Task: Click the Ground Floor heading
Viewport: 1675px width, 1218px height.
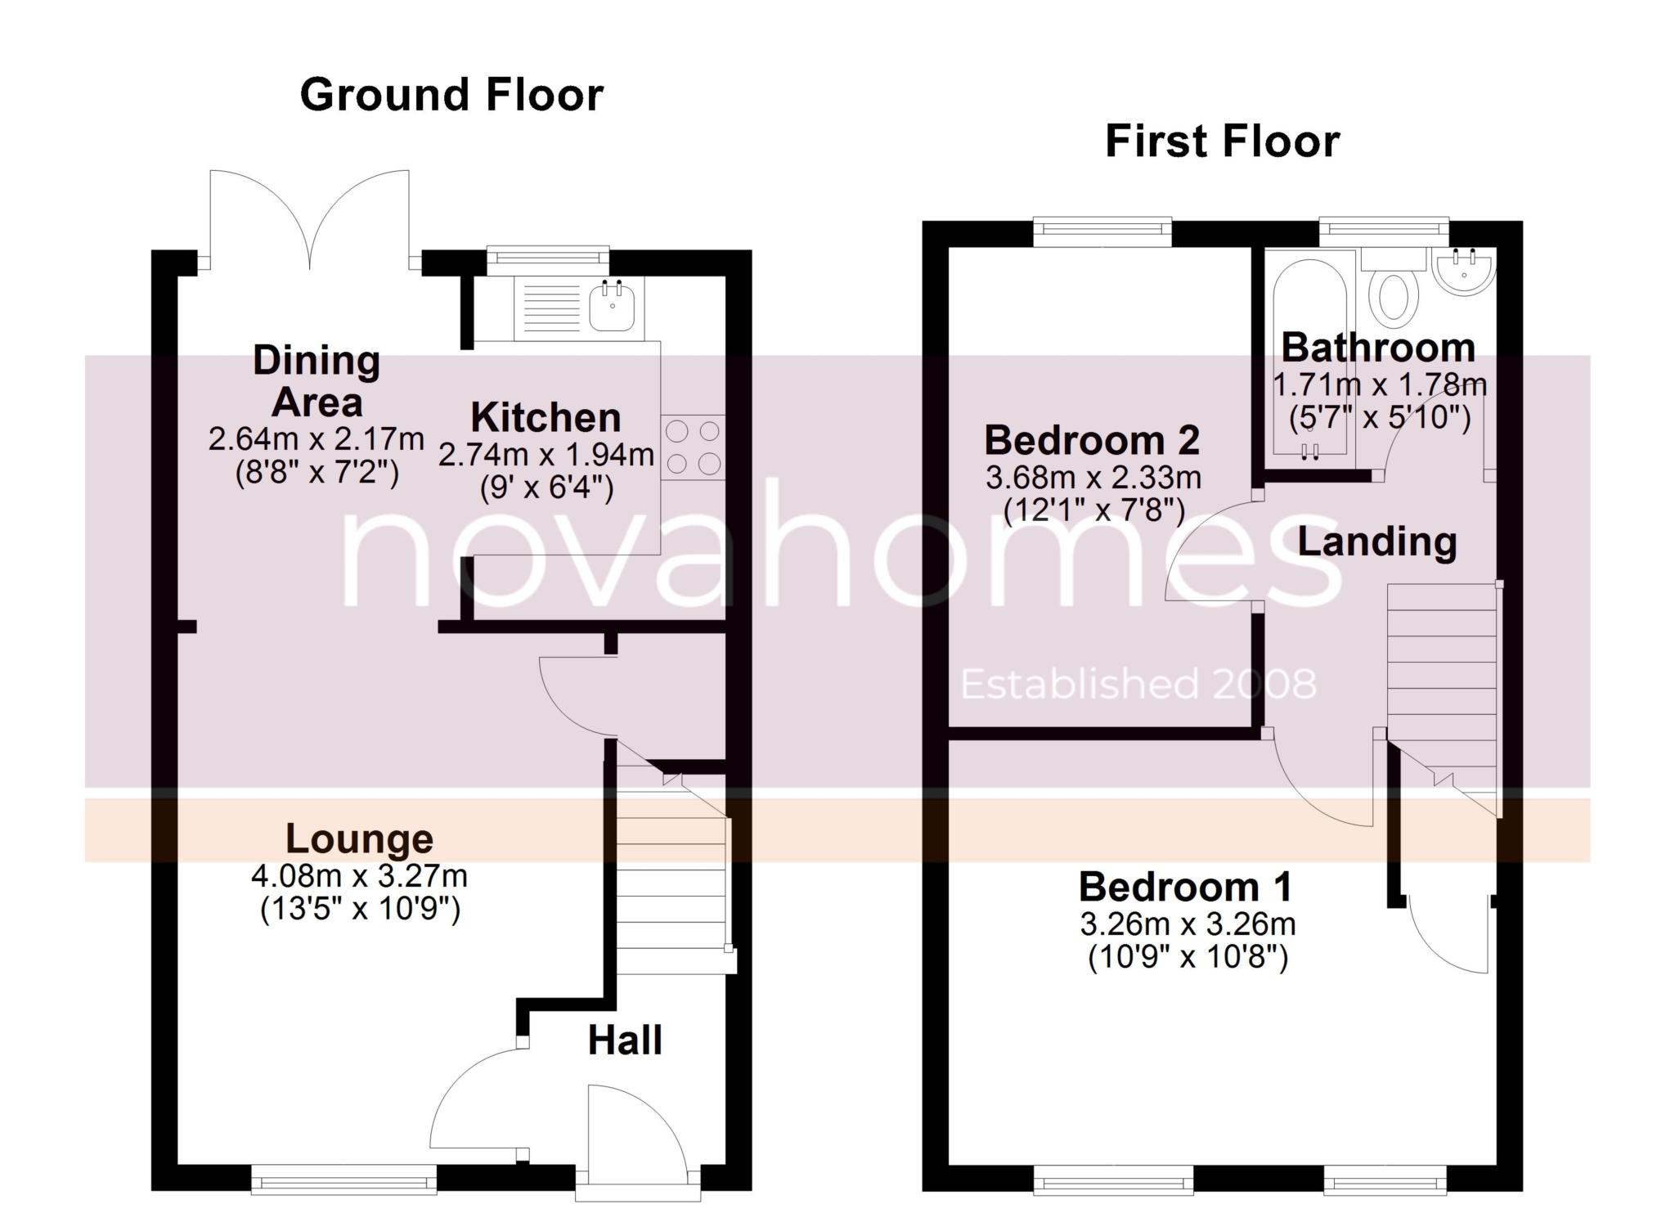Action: [x=451, y=95]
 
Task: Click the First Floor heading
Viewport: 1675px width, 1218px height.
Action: [x=1223, y=142]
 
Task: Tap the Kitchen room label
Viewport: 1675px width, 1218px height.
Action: [x=546, y=418]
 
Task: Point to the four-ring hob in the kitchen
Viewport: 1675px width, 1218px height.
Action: [x=693, y=447]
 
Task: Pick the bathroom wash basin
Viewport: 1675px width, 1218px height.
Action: [x=1465, y=272]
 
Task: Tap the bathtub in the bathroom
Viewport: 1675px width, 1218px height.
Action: [x=1310, y=360]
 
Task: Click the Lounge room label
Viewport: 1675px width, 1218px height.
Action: [x=359, y=838]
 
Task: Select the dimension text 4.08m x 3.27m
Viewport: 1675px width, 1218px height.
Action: [x=359, y=876]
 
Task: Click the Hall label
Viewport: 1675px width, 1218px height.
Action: [x=625, y=1040]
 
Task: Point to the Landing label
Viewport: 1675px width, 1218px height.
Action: [x=1377, y=542]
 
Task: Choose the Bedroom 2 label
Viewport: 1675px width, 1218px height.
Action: [x=1092, y=440]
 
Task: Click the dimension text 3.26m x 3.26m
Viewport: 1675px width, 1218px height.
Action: [x=1188, y=924]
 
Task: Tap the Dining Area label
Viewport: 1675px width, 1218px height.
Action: [x=317, y=381]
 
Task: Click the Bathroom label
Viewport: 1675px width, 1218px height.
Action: [x=1378, y=348]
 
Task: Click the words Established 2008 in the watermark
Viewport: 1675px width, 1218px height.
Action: [x=1138, y=684]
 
